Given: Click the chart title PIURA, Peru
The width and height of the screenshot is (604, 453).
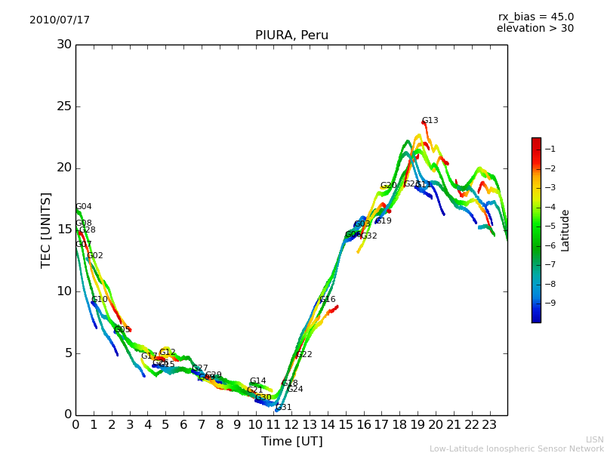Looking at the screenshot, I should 291,35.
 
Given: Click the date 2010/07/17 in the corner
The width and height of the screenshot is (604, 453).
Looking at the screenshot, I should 60,20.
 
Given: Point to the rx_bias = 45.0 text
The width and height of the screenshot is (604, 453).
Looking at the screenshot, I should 536,17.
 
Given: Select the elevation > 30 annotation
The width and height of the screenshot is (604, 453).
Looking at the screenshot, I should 535,29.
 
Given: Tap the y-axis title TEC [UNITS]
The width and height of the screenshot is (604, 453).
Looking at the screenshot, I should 47,230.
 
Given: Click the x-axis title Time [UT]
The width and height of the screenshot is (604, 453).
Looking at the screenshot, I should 291,442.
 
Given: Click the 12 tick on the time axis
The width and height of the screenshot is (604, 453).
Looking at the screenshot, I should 291,425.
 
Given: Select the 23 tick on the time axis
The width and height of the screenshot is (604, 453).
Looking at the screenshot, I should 489,425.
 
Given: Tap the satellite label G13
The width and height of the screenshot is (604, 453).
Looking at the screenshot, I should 430,121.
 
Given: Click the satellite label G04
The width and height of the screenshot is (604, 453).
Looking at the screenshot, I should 84,207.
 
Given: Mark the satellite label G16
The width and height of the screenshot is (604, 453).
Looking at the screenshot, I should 328,300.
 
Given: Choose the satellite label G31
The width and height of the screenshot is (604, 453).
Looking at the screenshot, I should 284,408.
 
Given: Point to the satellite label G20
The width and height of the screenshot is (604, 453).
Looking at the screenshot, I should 389,186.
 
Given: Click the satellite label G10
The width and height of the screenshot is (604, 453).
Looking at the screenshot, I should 100,300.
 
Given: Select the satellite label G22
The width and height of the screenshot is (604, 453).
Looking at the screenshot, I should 304,355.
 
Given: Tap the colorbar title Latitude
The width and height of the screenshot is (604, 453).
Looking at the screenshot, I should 565,230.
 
